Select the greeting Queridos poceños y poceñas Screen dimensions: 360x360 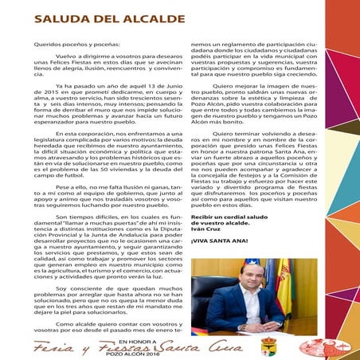pos(71,47)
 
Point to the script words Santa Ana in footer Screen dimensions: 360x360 pos(227,347)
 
